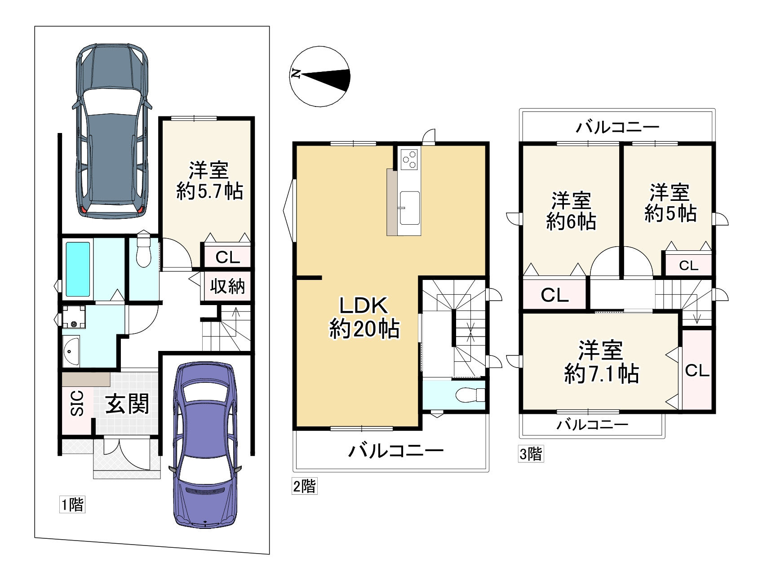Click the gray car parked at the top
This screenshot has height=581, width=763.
pyautogui.click(x=112, y=131)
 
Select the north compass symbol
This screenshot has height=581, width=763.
pyautogui.click(x=320, y=76)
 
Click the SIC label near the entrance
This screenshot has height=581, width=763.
pyautogui.click(x=77, y=403)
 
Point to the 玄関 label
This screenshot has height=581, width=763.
pyautogui.click(x=127, y=404)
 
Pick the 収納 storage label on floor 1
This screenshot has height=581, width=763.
pyautogui.click(x=227, y=286)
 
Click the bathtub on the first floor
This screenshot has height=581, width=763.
pyautogui.click(x=78, y=269)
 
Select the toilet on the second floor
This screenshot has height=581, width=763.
pyautogui.click(x=470, y=395)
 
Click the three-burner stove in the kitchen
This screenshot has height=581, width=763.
pyautogui.click(x=409, y=159)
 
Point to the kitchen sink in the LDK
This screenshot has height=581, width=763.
pyautogui.click(x=409, y=208)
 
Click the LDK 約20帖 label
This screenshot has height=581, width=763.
pyautogui.click(x=364, y=317)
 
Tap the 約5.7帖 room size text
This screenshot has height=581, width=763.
pyautogui.click(x=209, y=191)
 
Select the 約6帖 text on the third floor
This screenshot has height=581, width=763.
pyautogui.click(x=571, y=222)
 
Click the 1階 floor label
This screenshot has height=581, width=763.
pyautogui.click(x=72, y=505)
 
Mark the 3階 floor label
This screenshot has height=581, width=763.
pyautogui.click(x=531, y=454)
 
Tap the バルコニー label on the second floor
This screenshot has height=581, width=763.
pyautogui.click(x=396, y=450)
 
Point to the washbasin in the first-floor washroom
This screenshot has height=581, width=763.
pyautogui.click(x=71, y=351)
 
